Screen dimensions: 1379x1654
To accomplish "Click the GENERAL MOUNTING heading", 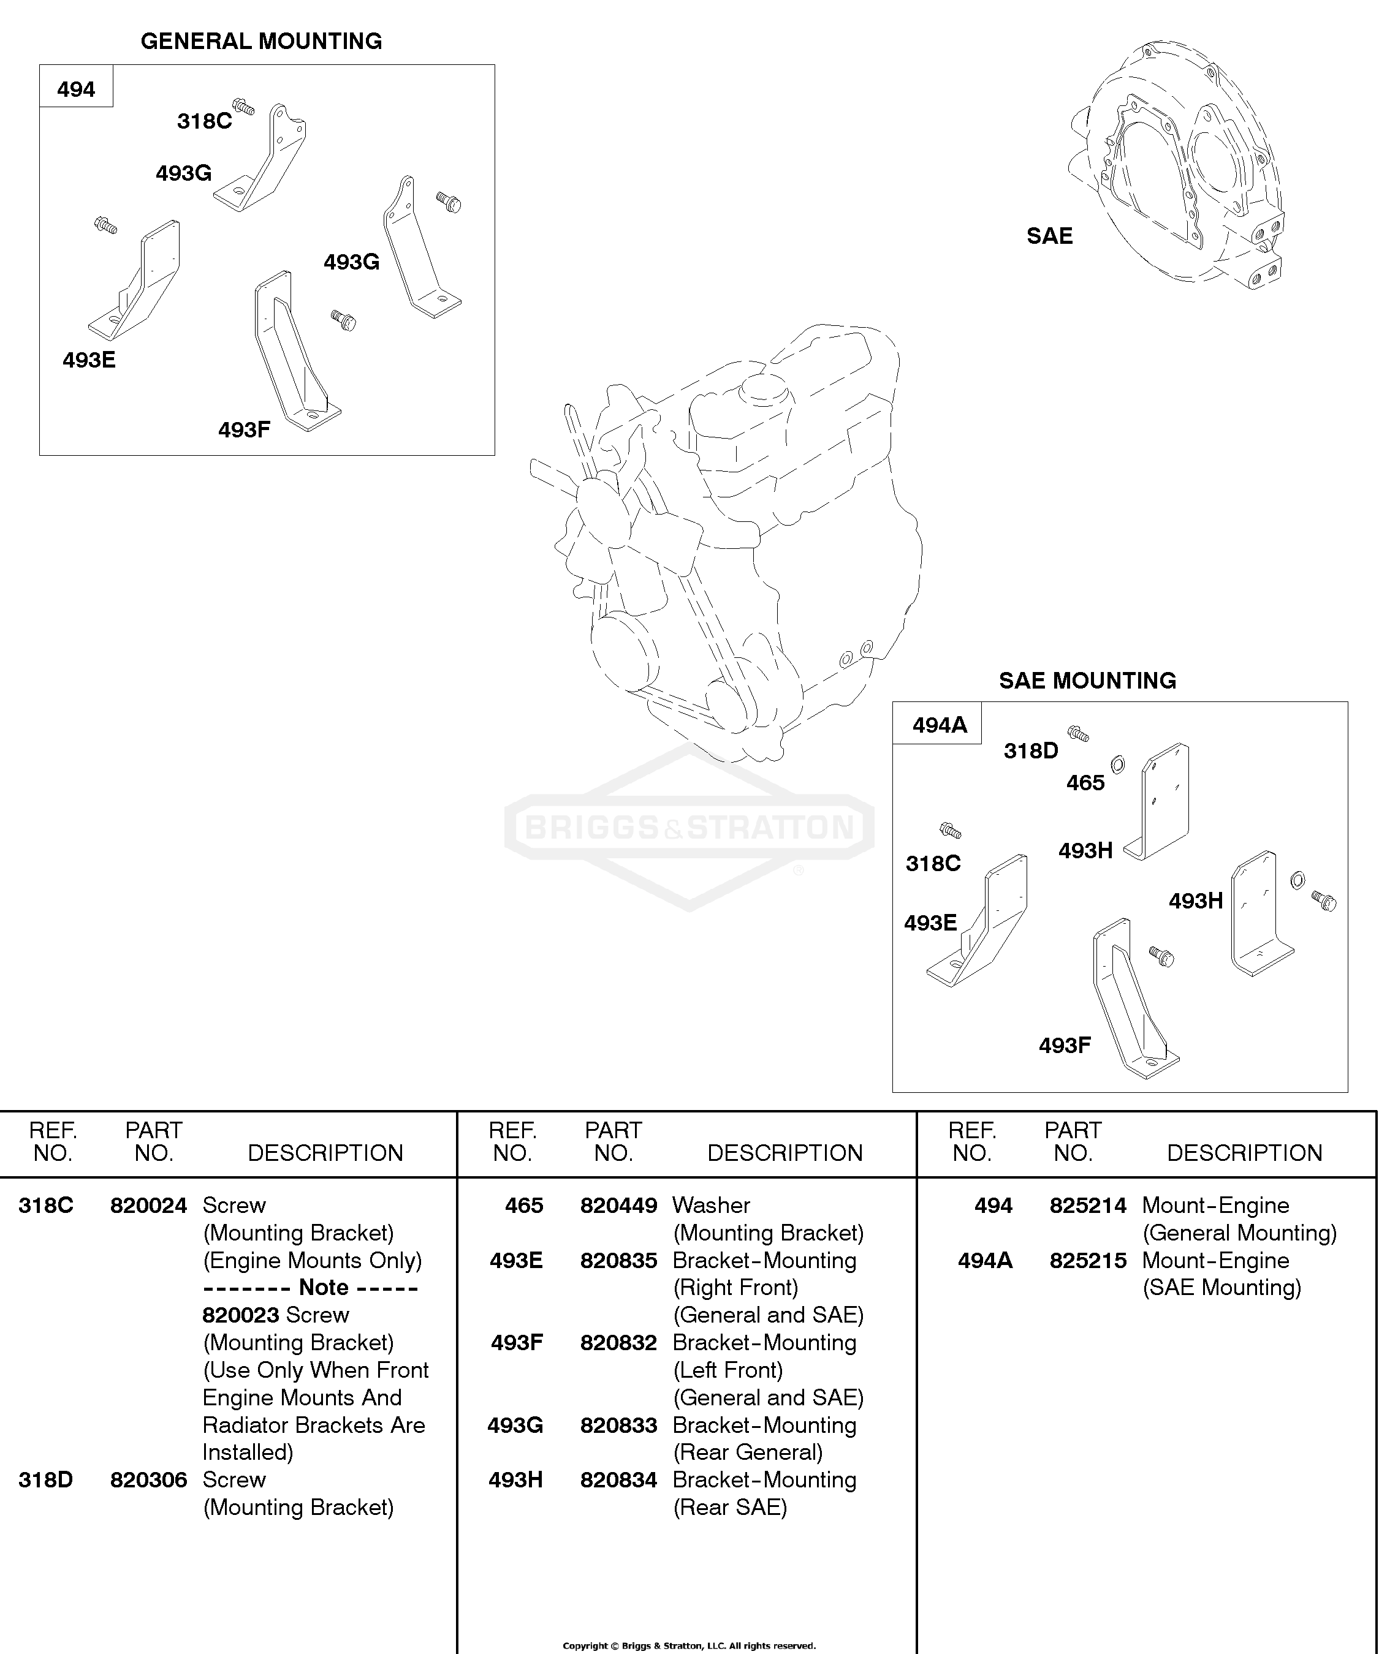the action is coord(261,41).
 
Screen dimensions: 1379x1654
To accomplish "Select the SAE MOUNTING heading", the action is coord(1087,681).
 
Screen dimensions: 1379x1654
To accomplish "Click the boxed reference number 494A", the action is coord(940,725).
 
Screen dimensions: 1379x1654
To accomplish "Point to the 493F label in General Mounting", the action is coord(245,429).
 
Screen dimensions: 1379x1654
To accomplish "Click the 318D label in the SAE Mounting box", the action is coord(1031,750).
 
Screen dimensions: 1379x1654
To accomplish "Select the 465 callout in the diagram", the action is coord(1085,782).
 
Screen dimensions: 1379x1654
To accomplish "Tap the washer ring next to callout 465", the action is coord(1117,764).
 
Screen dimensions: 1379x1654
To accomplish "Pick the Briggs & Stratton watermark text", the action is coord(689,828).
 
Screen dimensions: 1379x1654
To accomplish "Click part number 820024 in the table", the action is coord(148,1205).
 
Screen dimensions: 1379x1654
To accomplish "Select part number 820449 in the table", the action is coord(618,1205).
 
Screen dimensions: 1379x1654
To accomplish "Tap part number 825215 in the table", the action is coord(1088,1260).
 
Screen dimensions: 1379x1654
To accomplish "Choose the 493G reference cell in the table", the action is coord(515,1425).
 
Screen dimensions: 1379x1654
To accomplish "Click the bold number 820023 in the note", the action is coord(241,1315).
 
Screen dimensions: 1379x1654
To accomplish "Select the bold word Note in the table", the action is coord(323,1287).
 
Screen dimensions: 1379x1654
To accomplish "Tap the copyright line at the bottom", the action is coord(689,1645).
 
